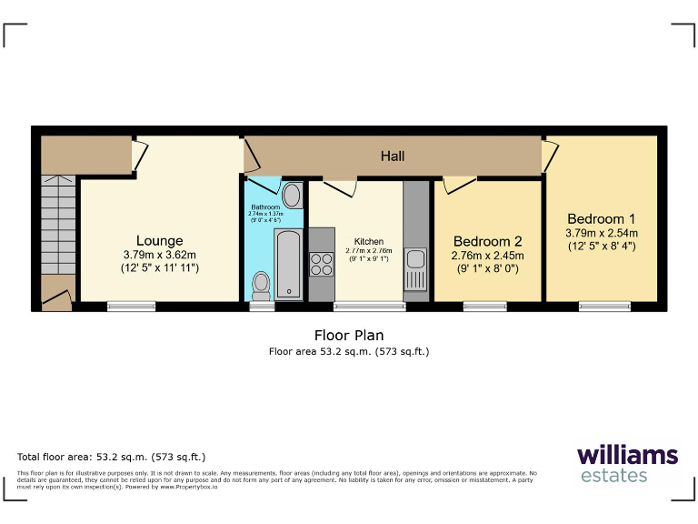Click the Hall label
(393, 156)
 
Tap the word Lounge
(160, 241)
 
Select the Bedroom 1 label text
(601, 218)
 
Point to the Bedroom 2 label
(488, 241)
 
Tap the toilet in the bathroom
(262, 285)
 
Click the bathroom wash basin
(293, 195)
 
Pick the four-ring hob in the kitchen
(322, 264)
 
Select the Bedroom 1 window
(604, 307)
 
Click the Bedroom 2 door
(459, 185)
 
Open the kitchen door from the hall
(340, 186)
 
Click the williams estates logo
(626, 463)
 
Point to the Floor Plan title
(348, 336)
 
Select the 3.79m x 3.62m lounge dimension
(160, 255)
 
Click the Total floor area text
(112, 457)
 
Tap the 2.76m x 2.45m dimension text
(488, 256)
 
